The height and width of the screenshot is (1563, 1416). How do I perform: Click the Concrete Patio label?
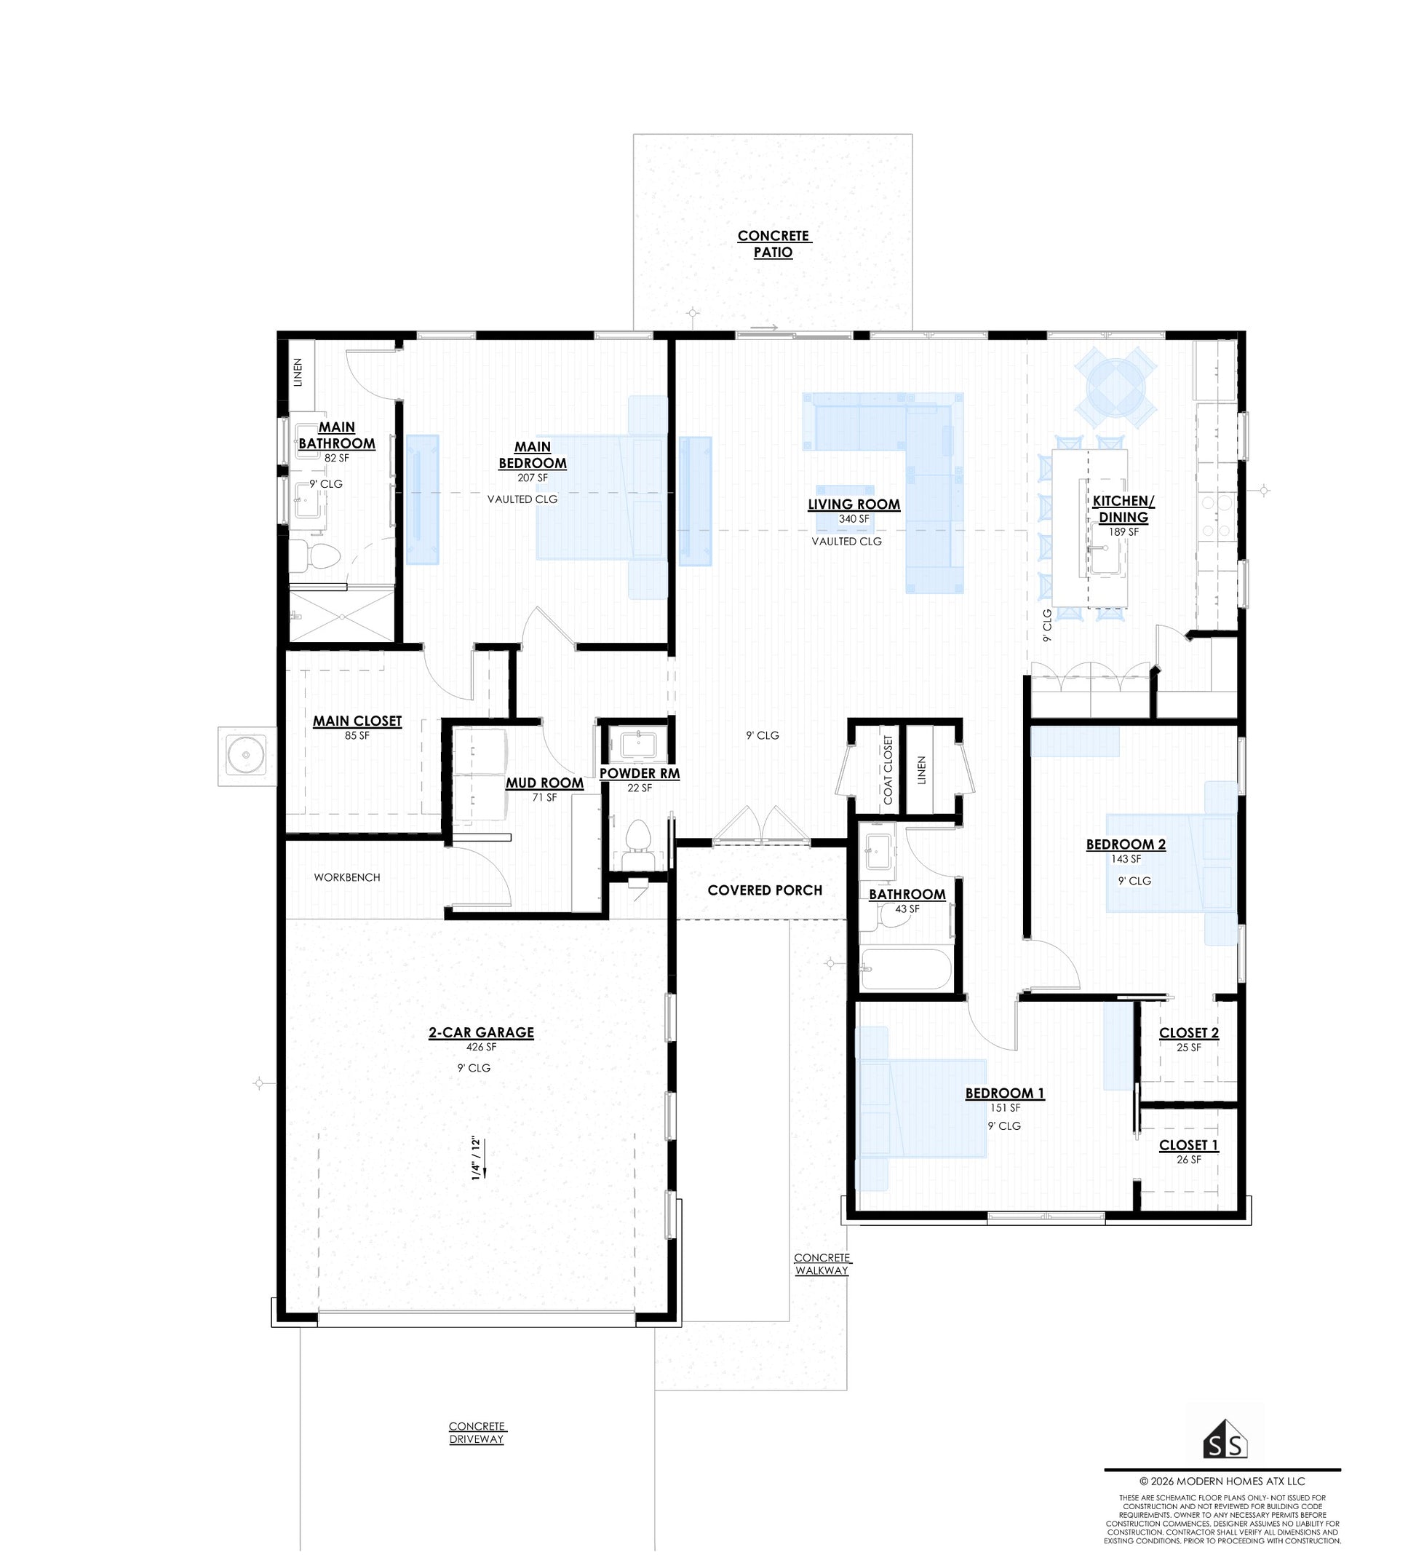[x=773, y=243]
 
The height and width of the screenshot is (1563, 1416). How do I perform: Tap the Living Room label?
[x=854, y=504]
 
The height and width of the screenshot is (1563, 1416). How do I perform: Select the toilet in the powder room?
[x=637, y=843]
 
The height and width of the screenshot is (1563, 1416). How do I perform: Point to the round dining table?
[x=1115, y=384]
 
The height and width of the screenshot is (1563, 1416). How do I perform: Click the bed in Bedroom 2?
[x=1170, y=861]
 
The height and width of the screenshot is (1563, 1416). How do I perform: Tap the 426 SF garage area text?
[x=480, y=1047]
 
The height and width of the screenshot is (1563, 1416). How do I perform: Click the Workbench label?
[x=346, y=877]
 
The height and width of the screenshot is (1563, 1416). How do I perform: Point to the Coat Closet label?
[x=888, y=769]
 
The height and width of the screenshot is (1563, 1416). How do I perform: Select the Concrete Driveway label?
[x=476, y=1432]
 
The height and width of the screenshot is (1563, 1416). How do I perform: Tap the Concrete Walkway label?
[x=822, y=1264]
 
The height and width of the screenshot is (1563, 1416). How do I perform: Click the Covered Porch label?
[x=764, y=890]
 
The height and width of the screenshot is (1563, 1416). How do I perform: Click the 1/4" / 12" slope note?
[x=477, y=1159]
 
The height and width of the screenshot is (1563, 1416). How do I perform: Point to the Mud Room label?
[x=544, y=783]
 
